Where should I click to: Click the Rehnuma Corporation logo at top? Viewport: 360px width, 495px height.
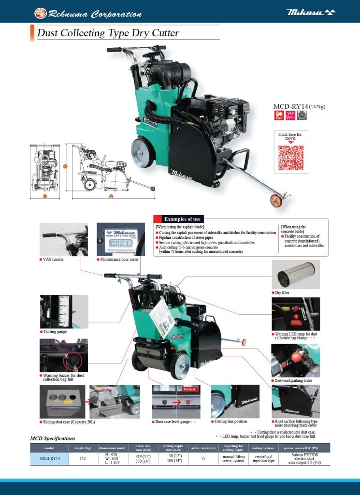[88, 14]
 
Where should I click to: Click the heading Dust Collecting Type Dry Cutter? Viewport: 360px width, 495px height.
[108, 33]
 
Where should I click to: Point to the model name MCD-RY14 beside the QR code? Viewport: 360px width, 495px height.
[290, 106]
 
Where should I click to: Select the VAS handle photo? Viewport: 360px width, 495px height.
[64, 239]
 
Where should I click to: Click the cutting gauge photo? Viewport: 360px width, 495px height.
[64, 311]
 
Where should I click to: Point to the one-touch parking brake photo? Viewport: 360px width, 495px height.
[295, 360]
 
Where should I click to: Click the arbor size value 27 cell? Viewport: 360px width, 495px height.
[203, 458]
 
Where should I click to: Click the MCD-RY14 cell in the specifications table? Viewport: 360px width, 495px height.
[50, 458]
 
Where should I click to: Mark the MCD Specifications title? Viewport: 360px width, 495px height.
[53, 438]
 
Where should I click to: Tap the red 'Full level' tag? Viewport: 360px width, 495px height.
[189, 389]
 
